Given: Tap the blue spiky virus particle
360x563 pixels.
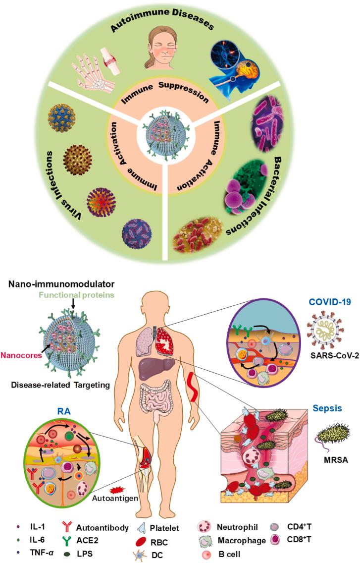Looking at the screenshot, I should tap(62, 122).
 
